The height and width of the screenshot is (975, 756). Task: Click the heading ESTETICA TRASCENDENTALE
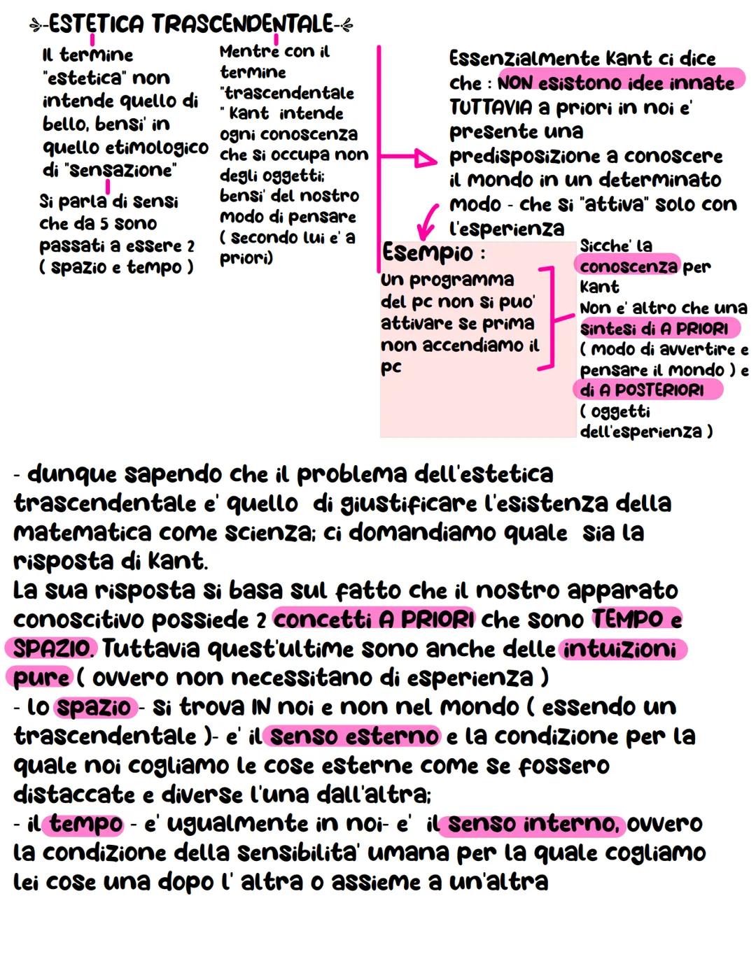click(191, 24)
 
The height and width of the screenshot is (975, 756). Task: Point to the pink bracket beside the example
click(549, 316)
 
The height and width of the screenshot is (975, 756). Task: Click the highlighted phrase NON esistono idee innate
click(616, 83)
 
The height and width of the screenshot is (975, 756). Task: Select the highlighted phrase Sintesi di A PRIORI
click(654, 328)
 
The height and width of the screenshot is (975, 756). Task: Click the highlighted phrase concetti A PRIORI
click(374, 620)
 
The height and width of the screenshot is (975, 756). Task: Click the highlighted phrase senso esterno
click(354, 736)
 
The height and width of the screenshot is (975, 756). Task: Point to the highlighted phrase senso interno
click(533, 824)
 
